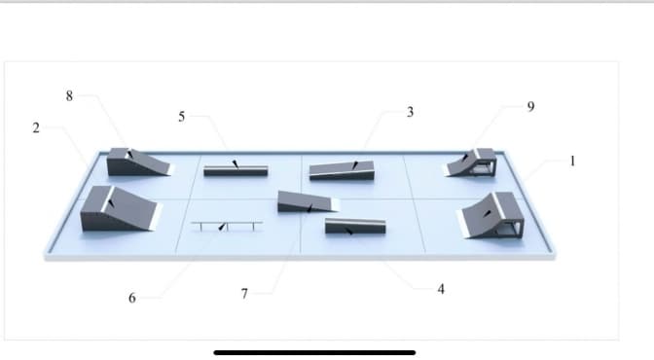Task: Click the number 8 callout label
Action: click(x=69, y=96)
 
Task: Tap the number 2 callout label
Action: click(x=36, y=128)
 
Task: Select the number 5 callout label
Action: click(x=181, y=117)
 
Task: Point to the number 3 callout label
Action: click(x=410, y=112)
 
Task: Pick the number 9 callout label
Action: click(x=530, y=107)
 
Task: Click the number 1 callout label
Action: click(x=572, y=161)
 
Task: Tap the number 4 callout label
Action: click(x=441, y=289)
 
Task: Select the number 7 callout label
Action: click(x=244, y=294)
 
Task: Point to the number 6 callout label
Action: click(x=131, y=298)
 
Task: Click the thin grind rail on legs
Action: click(x=227, y=226)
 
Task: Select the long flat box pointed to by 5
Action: click(x=236, y=170)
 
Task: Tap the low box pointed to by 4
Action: click(x=355, y=226)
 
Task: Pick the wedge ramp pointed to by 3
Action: click(x=342, y=170)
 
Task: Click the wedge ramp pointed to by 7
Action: click(x=308, y=202)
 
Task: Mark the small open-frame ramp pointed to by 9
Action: click(x=471, y=162)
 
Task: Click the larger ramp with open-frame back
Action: click(x=491, y=215)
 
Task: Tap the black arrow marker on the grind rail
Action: click(x=223, y=227)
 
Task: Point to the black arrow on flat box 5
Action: click(x=236, y=163)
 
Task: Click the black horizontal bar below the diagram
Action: click(x=314, y=353)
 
